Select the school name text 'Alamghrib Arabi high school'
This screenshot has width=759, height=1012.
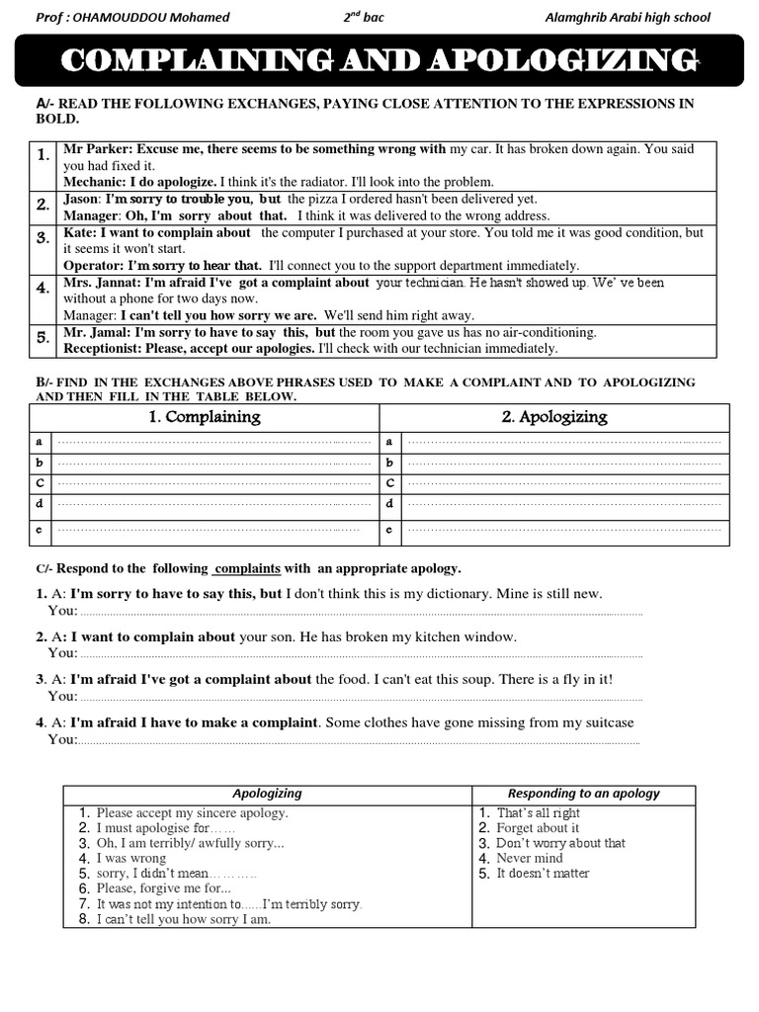(x=627, y=17)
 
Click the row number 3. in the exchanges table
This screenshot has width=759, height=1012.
(x=42, y=238)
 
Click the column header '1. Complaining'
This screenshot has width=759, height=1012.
(x=204, y=417)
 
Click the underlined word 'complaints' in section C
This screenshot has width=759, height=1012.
(x=247, y=568)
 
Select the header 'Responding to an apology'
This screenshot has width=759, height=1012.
(x=583, y=794)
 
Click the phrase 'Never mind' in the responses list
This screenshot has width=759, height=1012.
(x=529, y=858)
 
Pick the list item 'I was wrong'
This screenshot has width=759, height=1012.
(x=130, y=858)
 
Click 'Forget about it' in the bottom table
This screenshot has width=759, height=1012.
(x=538, y=828)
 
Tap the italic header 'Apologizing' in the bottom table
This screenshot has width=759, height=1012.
(x=267, y=794)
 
